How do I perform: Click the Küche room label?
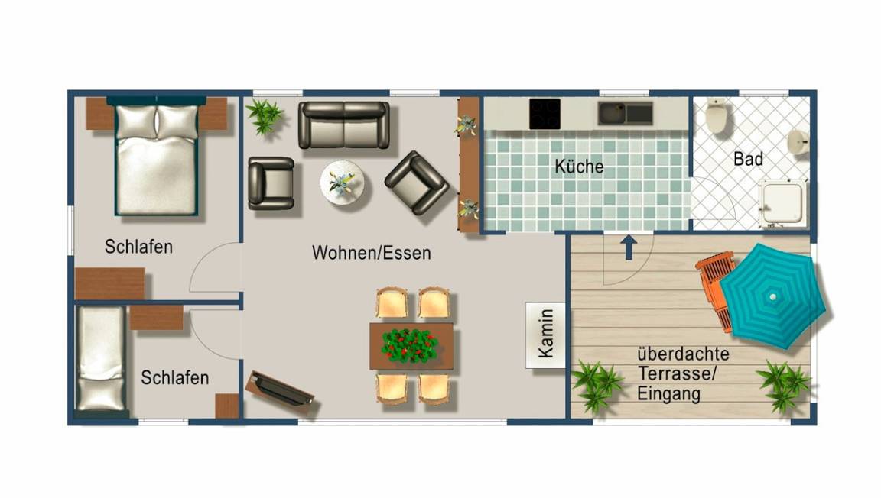(579, 167)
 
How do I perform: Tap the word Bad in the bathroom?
(748, 159)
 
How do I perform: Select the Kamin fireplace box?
(545, 335)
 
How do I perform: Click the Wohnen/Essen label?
(372, 253)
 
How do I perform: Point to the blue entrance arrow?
(629, 247)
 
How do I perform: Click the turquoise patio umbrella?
(772, 296)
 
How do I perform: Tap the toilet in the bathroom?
(717, 115)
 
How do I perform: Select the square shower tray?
(782, 202)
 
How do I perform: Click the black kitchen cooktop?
(545, 113)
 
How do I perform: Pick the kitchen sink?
(625, 113)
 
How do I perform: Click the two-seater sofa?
(344, 125)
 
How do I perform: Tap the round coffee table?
(342, 183)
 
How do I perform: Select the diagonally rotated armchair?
(416, 183)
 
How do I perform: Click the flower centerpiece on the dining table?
(410, 345)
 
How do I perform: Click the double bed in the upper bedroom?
(157, 156)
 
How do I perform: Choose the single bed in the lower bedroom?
(101, 359)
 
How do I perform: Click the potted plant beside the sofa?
(264, 116)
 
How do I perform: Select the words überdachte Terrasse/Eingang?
(683, 374)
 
